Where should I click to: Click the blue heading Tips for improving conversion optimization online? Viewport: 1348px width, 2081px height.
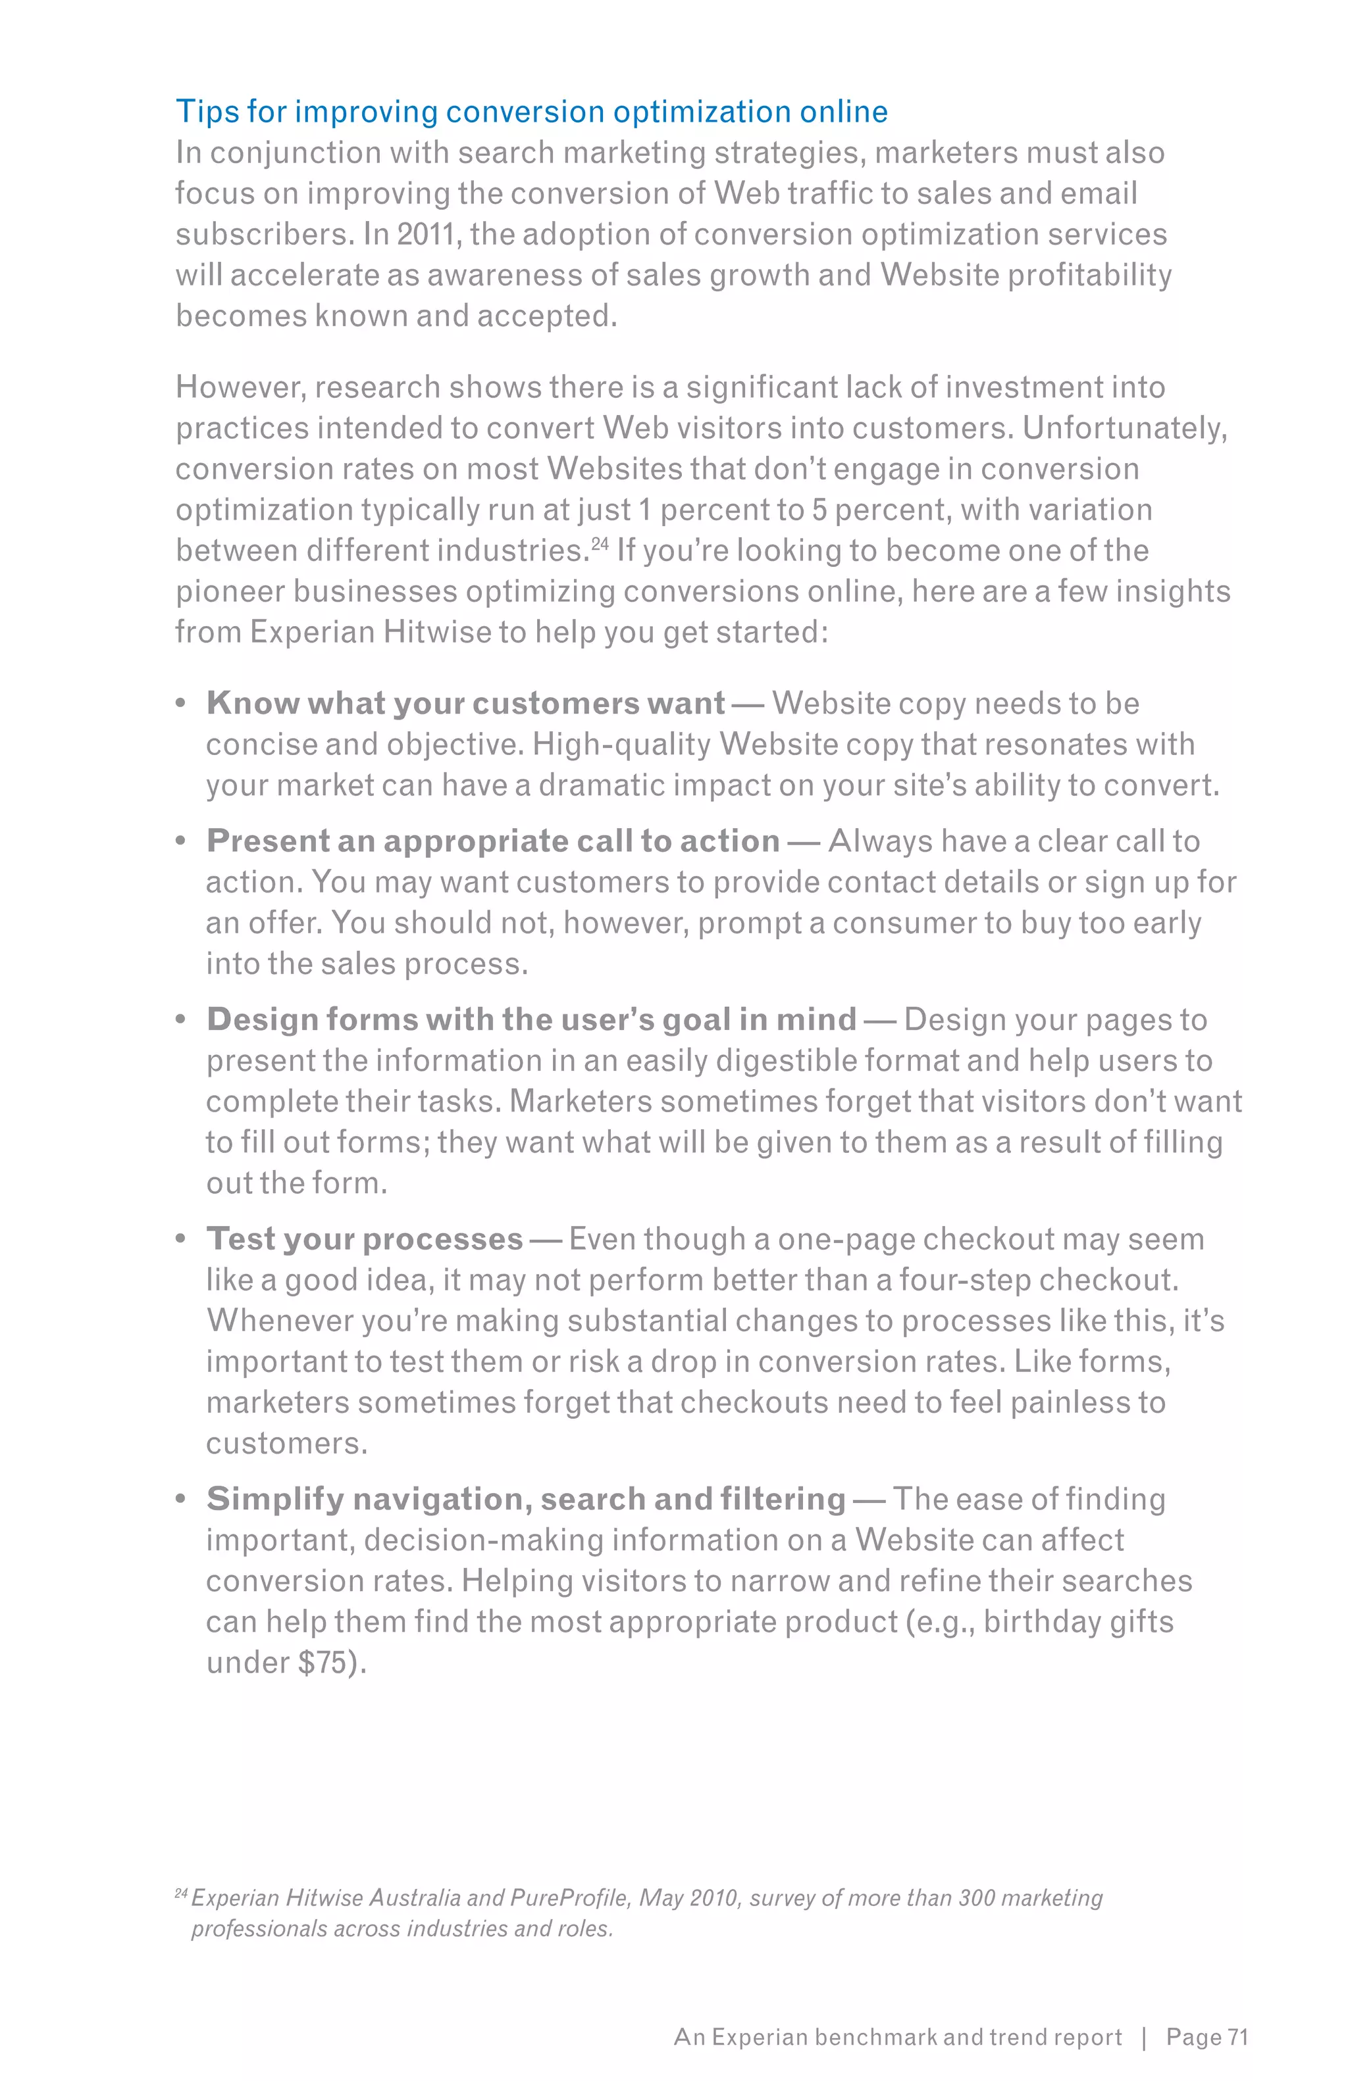tap(531, 112)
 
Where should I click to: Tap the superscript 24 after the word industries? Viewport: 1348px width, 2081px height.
tap(599, 544)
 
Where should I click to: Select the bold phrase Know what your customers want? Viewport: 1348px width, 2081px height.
tap(465, 703)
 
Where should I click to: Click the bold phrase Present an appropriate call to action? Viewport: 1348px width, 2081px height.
tap(492, 841)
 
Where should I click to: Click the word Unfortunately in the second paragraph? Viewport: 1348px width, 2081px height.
tap(1124, 428)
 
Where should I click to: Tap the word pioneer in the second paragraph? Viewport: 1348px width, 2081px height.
tap(229, 591)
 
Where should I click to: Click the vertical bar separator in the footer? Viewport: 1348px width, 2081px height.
tap(1144, 2038)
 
